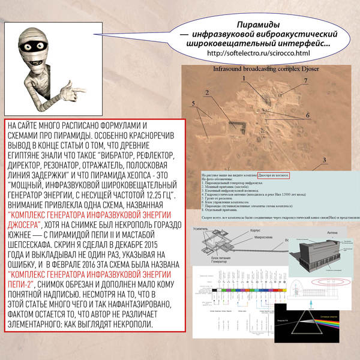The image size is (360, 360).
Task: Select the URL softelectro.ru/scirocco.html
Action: coord(258,53)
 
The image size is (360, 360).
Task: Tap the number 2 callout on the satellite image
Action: coord(206,92)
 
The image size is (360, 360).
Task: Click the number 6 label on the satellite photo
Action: coord(308,115)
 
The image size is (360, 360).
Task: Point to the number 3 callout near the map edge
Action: coord(323,160)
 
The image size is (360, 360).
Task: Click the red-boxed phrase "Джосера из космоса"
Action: coord(269,177)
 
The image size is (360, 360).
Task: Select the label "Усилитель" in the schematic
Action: coord(199,229)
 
